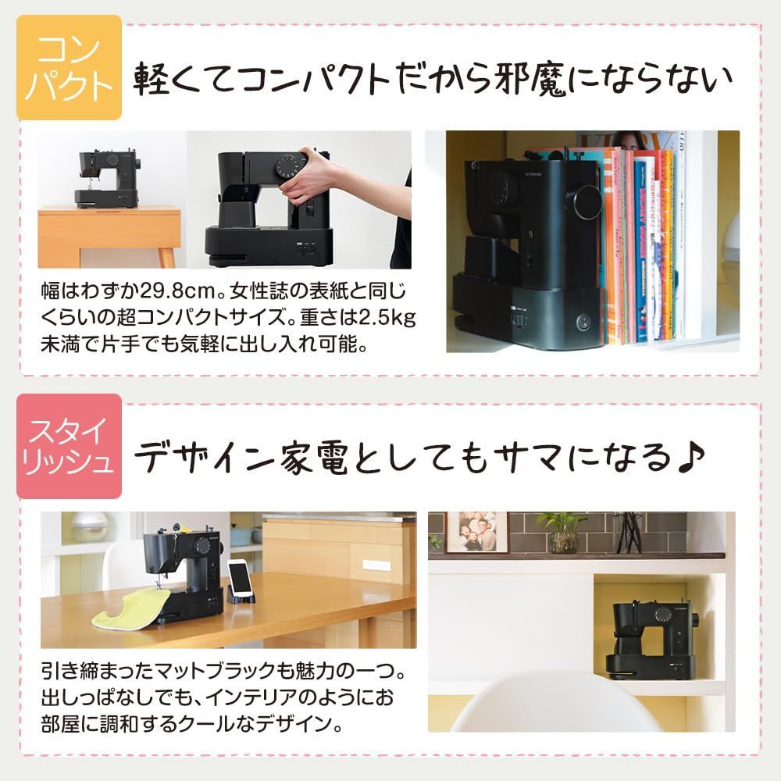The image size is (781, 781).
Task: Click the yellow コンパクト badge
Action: click(69, 67)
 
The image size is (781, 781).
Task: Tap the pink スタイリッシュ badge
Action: click(69, 446)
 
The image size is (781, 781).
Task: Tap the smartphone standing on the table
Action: click(242, 579)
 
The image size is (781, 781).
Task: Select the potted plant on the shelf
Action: click(562, 532)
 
